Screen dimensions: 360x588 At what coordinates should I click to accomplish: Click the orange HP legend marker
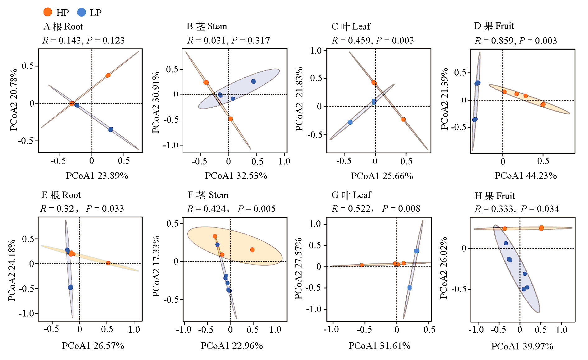48,12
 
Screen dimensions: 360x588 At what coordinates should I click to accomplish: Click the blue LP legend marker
81,12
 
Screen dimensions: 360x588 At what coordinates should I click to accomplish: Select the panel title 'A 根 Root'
63,26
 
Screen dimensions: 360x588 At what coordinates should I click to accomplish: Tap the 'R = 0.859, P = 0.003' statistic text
516,40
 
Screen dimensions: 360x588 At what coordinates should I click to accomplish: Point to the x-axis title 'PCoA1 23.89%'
97,176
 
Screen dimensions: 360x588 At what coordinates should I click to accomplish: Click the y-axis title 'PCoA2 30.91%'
156,102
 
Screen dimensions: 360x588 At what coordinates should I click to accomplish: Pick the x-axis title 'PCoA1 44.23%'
525,176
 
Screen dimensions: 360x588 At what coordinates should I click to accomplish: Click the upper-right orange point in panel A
108,75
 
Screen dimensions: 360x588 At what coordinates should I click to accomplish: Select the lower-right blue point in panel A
111,129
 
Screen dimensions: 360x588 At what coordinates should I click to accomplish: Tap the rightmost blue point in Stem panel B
253,81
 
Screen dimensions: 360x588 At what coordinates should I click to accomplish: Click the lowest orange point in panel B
231,119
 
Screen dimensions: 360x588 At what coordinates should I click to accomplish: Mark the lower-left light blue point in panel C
350,122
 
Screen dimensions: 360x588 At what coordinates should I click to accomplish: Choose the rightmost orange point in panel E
108,263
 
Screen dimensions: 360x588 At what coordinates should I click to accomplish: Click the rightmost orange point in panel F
252,250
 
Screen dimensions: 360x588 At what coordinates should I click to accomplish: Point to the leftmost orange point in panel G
362,265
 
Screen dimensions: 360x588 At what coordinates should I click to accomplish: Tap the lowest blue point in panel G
409,288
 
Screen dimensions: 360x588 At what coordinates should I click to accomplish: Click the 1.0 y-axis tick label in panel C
316,51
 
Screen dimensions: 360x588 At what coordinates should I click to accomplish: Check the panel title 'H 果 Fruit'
495,196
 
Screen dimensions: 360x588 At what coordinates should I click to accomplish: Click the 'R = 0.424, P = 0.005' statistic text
231,209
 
